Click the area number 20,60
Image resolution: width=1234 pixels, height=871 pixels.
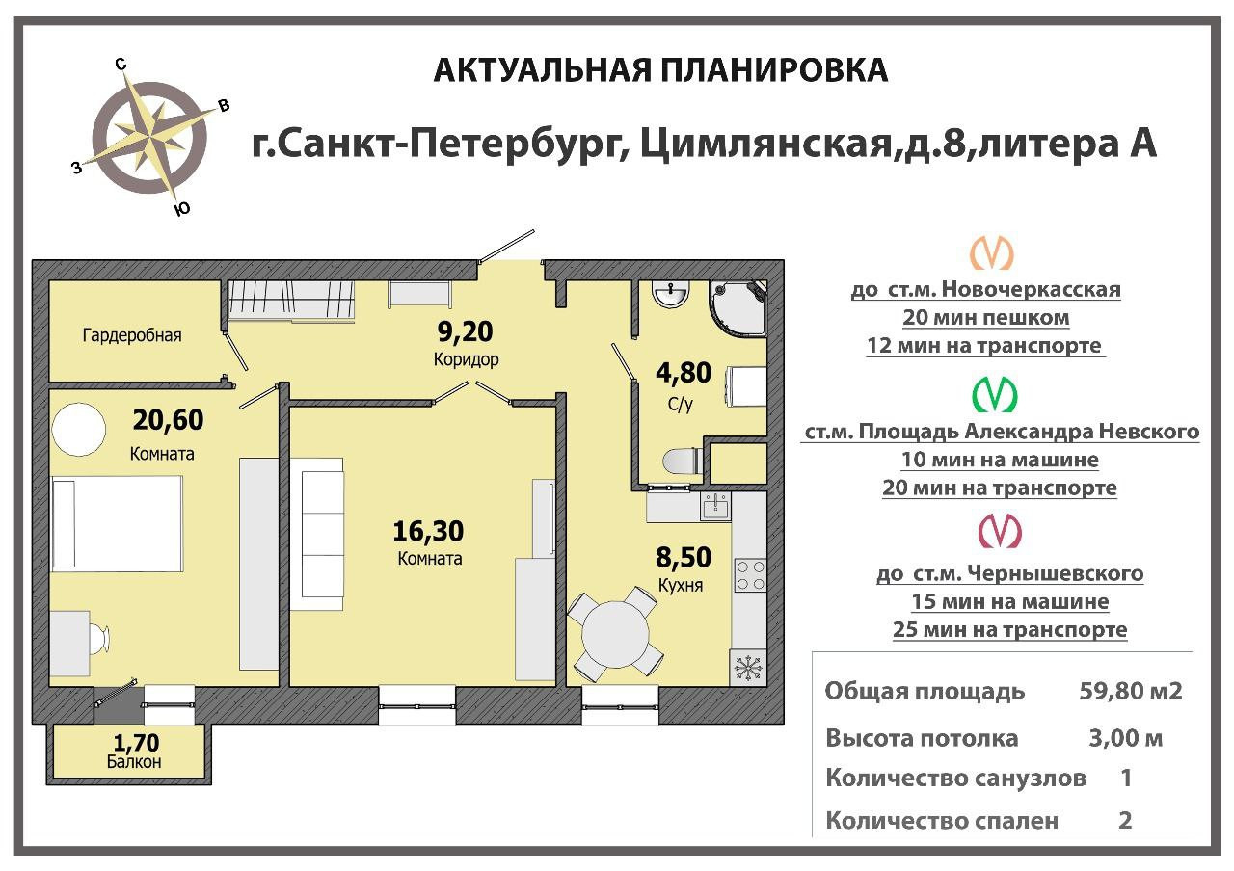pyautogui.click(x=169, y=421)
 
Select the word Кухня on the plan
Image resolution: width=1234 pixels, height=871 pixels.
pyautogui.click(x=680, y=585)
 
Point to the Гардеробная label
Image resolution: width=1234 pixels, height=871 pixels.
pyautogui.click(x=132, y=335)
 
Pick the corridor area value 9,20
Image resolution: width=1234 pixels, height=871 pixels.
pyautogui.click(x=465, y=333)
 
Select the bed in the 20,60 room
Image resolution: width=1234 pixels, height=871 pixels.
pyautogui.click(x=116, y=526)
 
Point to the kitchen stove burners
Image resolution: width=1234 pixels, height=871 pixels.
pyautogui.click(x=750, y=575)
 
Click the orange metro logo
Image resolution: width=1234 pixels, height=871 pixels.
pyautogui.click(x=991, y=253)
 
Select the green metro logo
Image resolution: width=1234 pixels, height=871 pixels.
pyautogui.click(x=994, y=394)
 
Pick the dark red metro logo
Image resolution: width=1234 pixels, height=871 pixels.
pyautogui.click(x=999, y=531)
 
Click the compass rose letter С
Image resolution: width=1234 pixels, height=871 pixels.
pyautogui.click(x=121, y=65)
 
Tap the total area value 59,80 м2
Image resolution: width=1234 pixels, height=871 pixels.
pyautogui.click(x=1131, y=692)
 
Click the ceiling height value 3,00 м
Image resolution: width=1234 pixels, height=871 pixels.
pyautogui.click(x=1124, y=739)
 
